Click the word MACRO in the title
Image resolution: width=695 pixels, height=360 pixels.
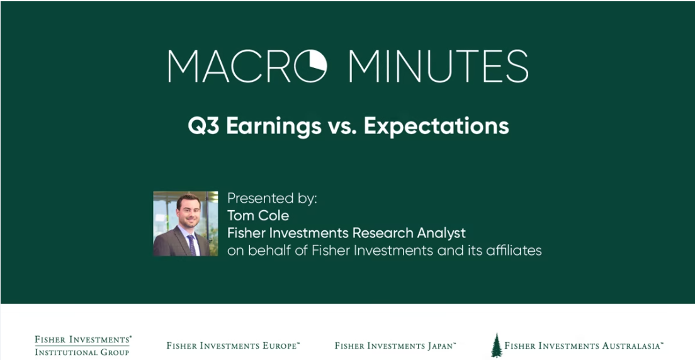coord(247,66)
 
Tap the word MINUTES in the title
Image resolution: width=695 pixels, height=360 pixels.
coord(438,66)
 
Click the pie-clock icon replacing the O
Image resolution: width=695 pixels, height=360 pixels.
coord(310,66)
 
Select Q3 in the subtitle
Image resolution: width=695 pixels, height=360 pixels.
coord(204,126)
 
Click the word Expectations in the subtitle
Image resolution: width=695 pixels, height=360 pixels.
coord(436,127)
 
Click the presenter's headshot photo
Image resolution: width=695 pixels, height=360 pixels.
coord(186,223)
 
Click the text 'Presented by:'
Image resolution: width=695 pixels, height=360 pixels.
coord(272,198)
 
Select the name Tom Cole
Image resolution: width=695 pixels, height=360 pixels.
coord(258,215)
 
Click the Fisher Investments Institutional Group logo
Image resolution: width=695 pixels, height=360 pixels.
coord(83,346)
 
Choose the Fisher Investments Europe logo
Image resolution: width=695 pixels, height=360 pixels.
coord(233,346)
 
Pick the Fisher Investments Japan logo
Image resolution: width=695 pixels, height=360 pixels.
coord(395,346)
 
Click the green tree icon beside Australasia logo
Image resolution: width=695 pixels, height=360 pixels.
coord(497,345)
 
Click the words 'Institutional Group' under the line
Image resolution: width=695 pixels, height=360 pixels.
coord(82,352)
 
